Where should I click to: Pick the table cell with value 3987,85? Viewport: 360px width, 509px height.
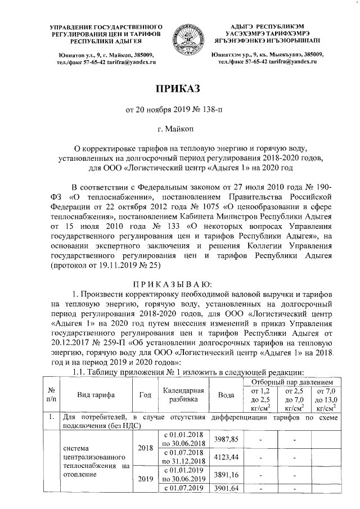[227, 439]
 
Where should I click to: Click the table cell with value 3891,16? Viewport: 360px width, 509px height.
[227, 474]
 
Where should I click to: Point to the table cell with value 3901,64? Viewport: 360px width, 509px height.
[227, 488]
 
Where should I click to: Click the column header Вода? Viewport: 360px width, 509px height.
[227, 395]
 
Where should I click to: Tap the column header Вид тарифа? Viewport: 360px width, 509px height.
[94, 395]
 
